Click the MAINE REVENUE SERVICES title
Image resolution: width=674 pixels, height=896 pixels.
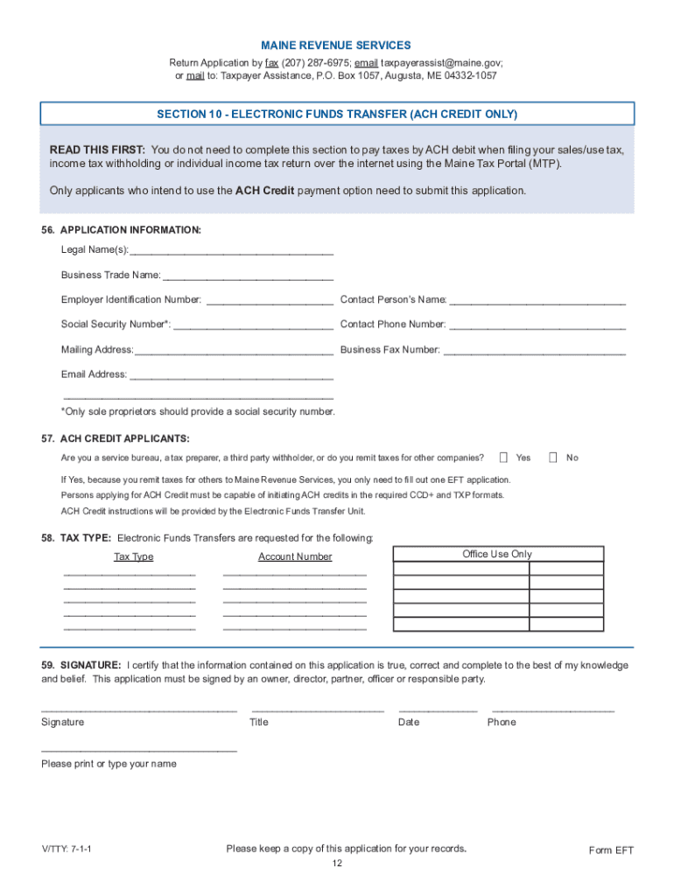point(336,45)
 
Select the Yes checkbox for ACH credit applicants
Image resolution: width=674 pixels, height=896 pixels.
point(503,457)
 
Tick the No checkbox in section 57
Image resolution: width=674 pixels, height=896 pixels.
point(553,457)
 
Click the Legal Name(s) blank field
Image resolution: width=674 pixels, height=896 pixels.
point(232,250)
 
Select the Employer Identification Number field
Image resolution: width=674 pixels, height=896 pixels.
point(269,300)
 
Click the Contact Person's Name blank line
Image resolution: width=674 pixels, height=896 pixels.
point(537,300)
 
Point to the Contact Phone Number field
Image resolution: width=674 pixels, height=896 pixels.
point(537,325)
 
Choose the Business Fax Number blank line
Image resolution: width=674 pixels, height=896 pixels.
point(535,350)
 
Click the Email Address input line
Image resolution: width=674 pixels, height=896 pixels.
point(231,374)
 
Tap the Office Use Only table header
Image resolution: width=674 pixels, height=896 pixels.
point(497,554)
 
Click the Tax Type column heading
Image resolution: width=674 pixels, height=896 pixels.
point(133,556)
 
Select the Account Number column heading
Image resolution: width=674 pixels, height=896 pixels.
point(295,556)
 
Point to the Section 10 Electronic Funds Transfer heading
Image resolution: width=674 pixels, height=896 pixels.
point(337,115)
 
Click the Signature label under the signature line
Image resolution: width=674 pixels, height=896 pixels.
point(63,722)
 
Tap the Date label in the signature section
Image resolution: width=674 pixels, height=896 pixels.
point(409,722)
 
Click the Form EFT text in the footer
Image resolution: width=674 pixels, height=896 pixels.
point(611,850)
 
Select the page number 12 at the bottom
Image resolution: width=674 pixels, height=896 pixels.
point(337,864)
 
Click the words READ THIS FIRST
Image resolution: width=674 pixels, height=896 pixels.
point(97,150)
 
